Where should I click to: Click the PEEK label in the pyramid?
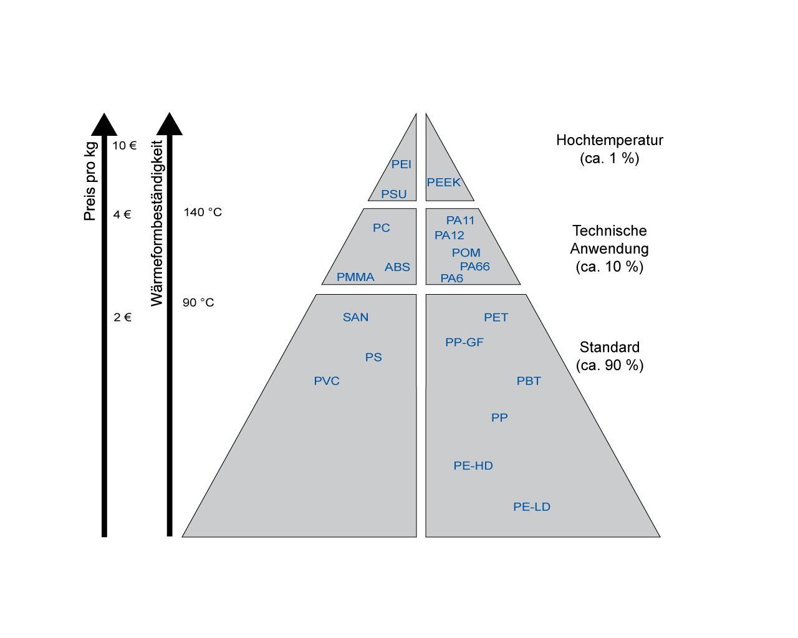443,183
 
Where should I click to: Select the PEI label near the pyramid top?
401,164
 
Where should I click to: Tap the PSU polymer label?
394,194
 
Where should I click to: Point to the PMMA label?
355,277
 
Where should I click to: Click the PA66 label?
474,266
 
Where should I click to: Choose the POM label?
466,252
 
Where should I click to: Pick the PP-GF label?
464,342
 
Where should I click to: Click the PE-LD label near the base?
531,507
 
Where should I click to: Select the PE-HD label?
473,465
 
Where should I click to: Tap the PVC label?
326,381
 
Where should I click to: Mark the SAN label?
355,317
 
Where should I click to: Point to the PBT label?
529,381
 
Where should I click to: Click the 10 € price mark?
124,145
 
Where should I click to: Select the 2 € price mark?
122,317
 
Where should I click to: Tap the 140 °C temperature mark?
203,212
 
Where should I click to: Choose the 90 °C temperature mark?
198,302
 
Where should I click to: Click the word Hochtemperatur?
609,140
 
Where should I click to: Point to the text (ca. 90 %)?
609,365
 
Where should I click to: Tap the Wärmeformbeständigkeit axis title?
157,223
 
